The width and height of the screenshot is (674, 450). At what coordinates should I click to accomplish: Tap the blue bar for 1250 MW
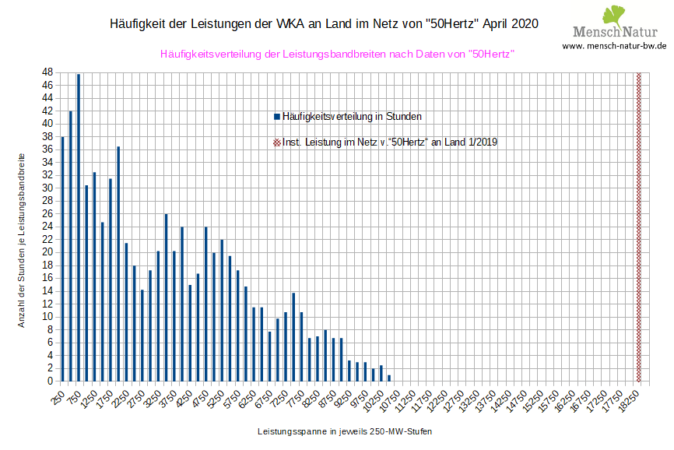pyautogui.click(x=94, y=276)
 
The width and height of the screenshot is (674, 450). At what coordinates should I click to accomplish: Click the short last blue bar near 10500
pyautogui.click(x=389, y=378)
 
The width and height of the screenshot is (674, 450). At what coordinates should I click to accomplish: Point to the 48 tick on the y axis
pyautogui.click(x=47, y=72)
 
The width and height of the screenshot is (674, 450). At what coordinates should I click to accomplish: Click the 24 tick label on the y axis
pyautogui.click(x=47, y=227)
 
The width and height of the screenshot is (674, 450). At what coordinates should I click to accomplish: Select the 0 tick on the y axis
pyautogui.click(x=50, y=381)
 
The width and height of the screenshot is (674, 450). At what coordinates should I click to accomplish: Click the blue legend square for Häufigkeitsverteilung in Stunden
pyautogui.click(x=276, y=117)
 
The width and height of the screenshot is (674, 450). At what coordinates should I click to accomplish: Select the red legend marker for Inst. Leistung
pyautogui.click(x=276, y=142)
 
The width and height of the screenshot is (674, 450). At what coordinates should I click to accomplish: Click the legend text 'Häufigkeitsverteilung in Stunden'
pyautogui.click(x=352, y=117)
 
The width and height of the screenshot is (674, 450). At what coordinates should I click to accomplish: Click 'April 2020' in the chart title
pyautogui.click(x=510, y=24)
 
